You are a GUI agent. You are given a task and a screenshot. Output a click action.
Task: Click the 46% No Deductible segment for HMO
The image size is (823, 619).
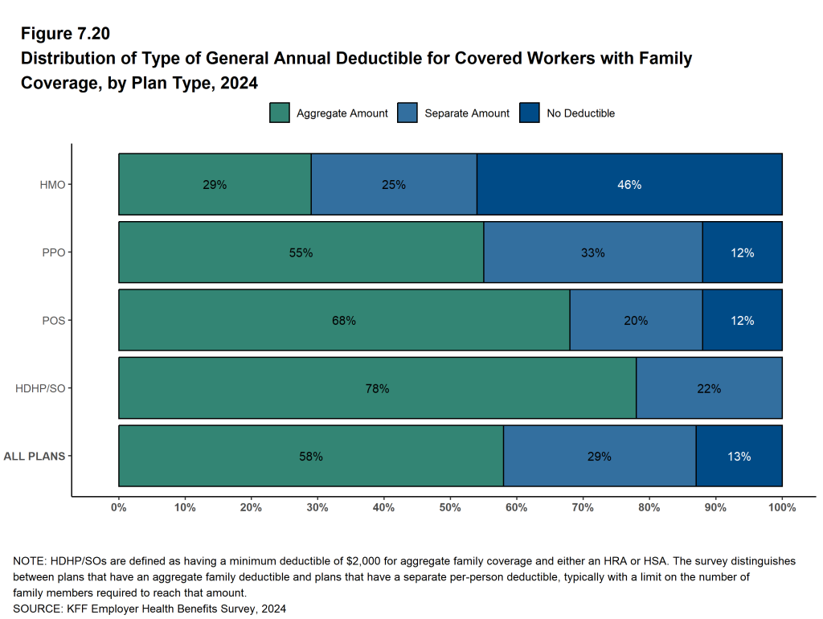[629, 185]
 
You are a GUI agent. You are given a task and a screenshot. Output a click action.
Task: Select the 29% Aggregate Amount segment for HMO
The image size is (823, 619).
[215, 185]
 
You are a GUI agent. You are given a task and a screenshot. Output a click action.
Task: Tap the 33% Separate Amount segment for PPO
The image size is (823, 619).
[593, 252]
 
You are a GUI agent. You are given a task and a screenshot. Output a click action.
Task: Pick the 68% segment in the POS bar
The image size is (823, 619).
[344, 321]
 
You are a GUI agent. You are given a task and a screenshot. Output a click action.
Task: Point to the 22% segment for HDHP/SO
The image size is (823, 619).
[709, 388]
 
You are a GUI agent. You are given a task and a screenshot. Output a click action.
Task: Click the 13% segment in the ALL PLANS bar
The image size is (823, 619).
[739, 457]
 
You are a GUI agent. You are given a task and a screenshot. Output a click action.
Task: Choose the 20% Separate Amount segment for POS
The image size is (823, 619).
[636, 321]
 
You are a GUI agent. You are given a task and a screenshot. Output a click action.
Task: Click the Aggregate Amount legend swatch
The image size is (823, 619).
[279, 113]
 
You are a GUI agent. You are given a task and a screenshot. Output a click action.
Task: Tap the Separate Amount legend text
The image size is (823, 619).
[467, 113]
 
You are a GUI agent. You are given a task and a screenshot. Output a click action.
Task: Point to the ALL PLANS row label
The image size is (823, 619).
[35, 457]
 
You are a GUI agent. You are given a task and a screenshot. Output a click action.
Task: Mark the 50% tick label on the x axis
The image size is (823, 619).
[450, 508]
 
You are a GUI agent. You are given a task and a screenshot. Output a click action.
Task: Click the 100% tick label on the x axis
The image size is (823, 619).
[781, 508]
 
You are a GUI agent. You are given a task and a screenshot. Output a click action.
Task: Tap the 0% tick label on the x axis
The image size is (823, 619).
[119, 508]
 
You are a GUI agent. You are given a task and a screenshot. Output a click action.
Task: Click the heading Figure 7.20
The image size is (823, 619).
[65, 34]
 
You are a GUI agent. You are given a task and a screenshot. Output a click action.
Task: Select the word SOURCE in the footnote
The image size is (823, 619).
[36, 609]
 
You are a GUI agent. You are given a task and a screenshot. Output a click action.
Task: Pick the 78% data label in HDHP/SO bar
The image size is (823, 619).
[377, 388]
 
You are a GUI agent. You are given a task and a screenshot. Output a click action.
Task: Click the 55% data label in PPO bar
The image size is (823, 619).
[301, 252]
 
